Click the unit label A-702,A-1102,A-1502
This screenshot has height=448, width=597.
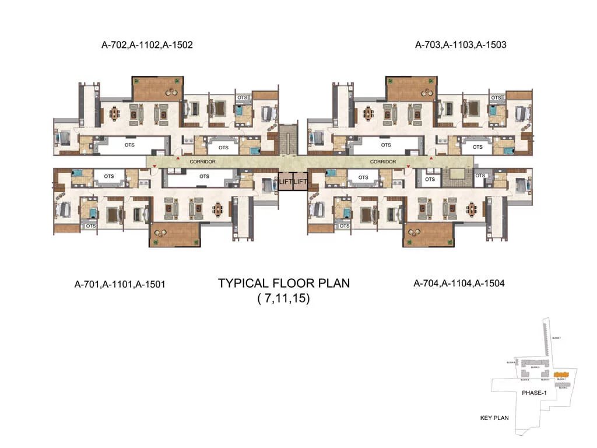click(146, 44)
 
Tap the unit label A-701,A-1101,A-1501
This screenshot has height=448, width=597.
click(121, 285)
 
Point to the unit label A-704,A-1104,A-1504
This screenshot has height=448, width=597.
click(459, 284)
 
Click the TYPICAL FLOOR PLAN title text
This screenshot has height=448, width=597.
click(284, 283)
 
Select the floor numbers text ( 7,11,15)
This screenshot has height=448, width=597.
click(283, 300)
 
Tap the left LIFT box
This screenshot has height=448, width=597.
click(285, 181)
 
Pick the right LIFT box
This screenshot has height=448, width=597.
click(300, 181)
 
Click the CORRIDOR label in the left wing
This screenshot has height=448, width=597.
click(203, 162)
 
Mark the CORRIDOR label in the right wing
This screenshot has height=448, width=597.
click(384, 162)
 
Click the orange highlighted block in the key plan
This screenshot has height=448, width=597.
click(561, 373)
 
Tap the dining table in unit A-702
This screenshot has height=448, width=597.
click(114, 112)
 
